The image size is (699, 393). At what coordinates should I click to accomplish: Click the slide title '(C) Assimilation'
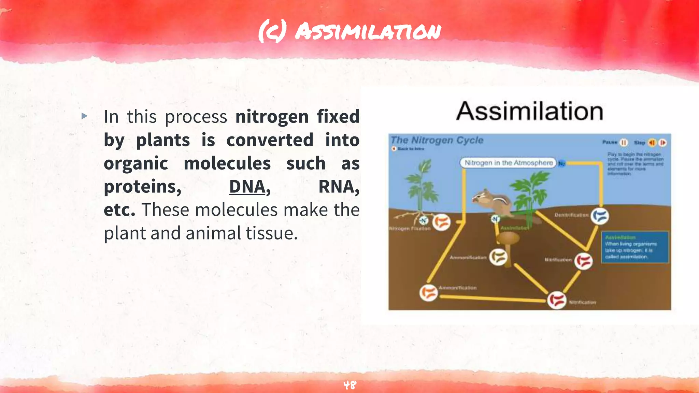[349, 31]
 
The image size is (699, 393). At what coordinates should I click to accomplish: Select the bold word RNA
[338, 187]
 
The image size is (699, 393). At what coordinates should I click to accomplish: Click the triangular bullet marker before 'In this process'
[85, 116]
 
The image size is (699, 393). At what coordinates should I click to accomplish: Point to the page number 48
[349, 385]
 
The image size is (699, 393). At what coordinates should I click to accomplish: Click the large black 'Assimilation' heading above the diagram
[529, 111]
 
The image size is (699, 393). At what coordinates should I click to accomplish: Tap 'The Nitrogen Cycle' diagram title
[437, 140]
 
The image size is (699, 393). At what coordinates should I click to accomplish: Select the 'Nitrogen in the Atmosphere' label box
[508, 163]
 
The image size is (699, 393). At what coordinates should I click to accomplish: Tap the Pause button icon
[624, 143]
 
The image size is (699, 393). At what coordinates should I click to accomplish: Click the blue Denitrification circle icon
[600, 216]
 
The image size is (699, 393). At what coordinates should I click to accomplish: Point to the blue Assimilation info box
[634, 247]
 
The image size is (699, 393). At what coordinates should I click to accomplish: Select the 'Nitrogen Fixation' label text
[410, 229]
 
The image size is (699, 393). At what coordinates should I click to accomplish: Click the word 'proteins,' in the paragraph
[143, 187]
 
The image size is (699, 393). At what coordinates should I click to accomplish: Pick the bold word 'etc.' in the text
[119, 210]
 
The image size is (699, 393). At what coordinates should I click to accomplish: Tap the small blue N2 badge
[561, 163]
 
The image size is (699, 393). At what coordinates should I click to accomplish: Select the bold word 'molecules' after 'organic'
[227, 163]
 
